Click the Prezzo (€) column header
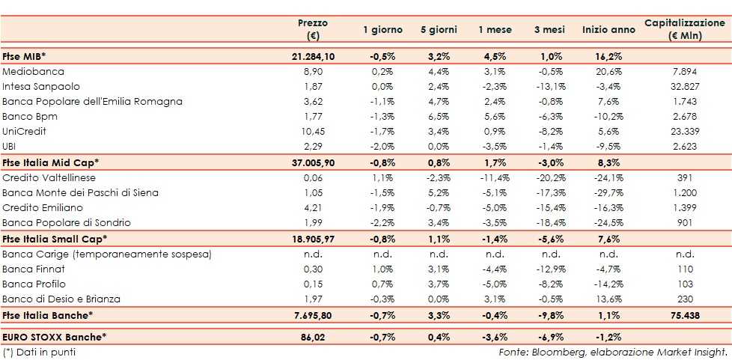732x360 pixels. click(313, 29)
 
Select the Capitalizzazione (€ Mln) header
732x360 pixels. click(685, 29)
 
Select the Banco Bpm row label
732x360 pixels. click(30, 117)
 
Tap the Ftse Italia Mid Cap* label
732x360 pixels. click(51, 162)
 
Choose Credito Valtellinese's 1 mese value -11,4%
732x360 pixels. click(495, 177)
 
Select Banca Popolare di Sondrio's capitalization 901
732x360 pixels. click(685, 222)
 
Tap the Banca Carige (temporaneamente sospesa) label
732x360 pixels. click(107, 254)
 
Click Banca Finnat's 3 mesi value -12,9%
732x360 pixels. click(550, 269)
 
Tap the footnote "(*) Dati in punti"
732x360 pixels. click(39, 352)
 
